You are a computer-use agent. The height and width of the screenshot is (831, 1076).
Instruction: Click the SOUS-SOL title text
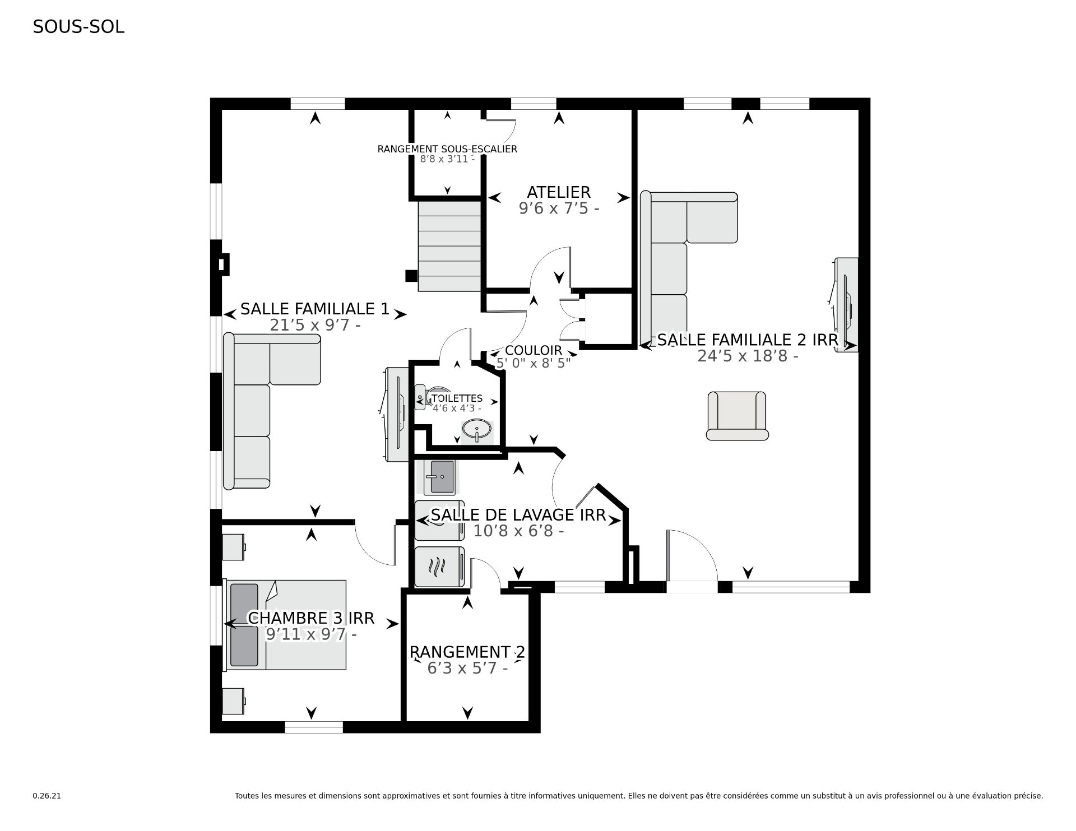[x=78, y=27]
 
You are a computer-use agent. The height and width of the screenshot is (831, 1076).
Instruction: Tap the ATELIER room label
[x=559, y=192]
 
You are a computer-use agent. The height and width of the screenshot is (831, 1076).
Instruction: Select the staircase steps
[x=449, y=246]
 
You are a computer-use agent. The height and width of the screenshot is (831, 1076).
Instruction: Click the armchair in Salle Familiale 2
[x=737, y=416]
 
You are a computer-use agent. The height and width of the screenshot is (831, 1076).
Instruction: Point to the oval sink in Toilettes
[x=477, y=430]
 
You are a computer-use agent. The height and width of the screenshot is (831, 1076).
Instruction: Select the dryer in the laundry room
[x=439, y=567]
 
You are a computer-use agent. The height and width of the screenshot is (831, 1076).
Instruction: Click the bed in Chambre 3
[x=286, y=625]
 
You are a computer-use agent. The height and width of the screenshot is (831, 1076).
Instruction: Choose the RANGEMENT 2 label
[x=467, y=652]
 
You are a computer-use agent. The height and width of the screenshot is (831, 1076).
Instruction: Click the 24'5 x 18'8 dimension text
[x=748, y=356]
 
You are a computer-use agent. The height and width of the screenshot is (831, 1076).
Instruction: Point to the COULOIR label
[x=533, y=351]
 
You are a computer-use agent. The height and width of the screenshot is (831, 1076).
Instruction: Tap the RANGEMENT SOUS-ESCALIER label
[x=447, y=149]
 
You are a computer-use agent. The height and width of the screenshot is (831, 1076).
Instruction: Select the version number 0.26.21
[x=47, y=796]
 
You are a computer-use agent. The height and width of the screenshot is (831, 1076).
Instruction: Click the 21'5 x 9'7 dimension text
[x=314, y=325]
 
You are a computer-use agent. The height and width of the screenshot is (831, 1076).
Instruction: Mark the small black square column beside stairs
[x=411, y=276]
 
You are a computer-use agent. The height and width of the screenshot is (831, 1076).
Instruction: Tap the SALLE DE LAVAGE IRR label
[x=518, y=516]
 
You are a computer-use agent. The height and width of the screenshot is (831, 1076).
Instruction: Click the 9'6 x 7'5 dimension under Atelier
[x=559, y=208]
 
